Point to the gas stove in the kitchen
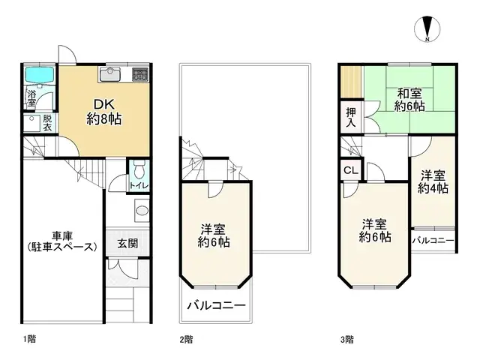pos(140,73)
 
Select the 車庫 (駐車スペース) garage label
pos(61,238)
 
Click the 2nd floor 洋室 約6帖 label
pos(214,235)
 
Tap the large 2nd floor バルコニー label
pos(216,306)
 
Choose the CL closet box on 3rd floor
pos(350,170)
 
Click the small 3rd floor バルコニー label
pos(433,240)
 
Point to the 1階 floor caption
pos(29,339)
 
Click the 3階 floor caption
pos(347,339)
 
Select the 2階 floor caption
pos(187,339)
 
